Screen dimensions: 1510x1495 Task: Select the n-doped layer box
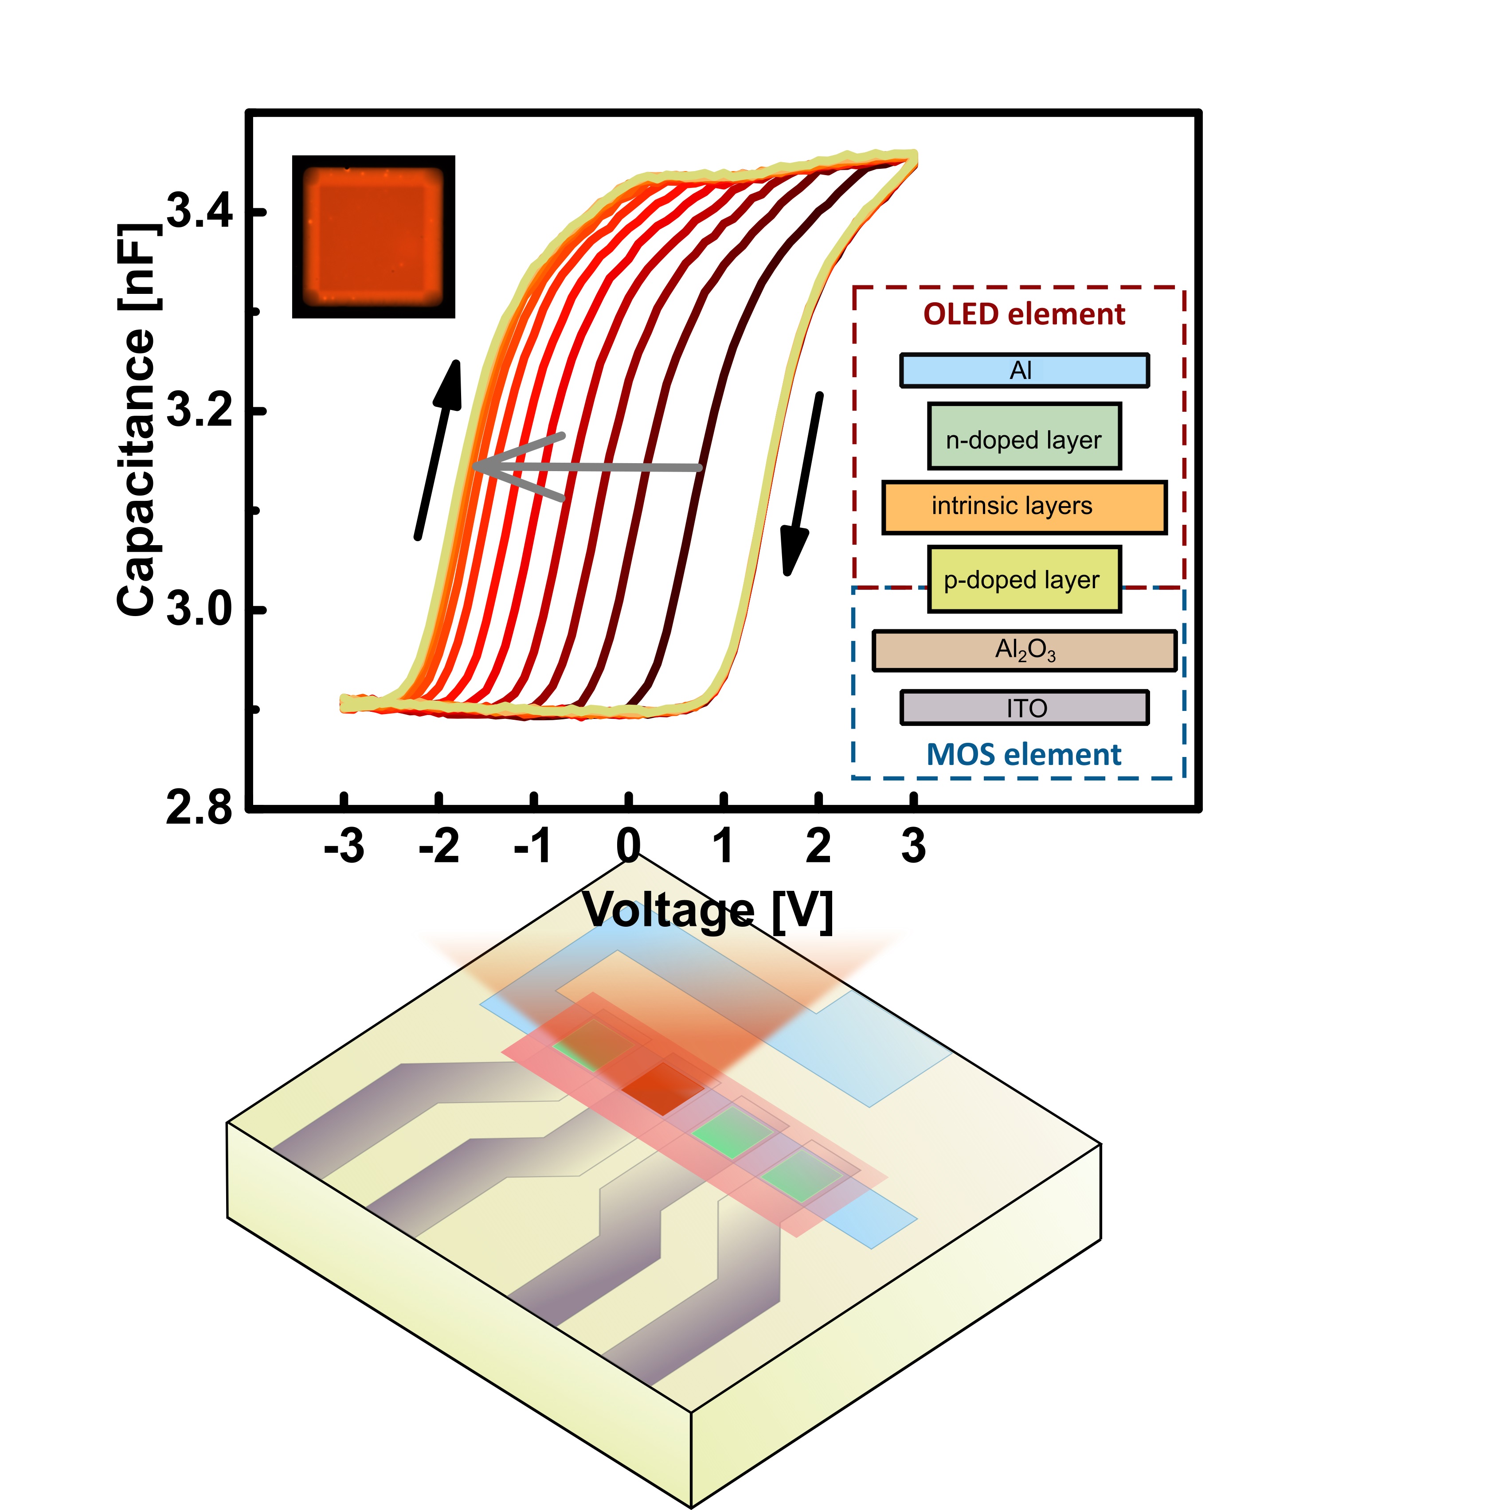click(1024, 436)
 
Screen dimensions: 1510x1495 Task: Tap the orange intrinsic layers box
click(1024, 507)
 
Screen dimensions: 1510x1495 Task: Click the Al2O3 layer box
click(1024, 650)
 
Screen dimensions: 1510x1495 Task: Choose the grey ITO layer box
click(1024, 707)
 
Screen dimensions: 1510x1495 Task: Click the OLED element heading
click(1024, 314)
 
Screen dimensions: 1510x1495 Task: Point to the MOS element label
click(1024, 755)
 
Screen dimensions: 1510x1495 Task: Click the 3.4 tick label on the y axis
click(200, 211)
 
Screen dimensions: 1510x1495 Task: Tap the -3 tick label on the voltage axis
click(344, 846)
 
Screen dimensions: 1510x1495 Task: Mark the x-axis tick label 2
click(818, 846)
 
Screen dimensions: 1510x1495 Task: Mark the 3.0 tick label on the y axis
click(200, 609)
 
